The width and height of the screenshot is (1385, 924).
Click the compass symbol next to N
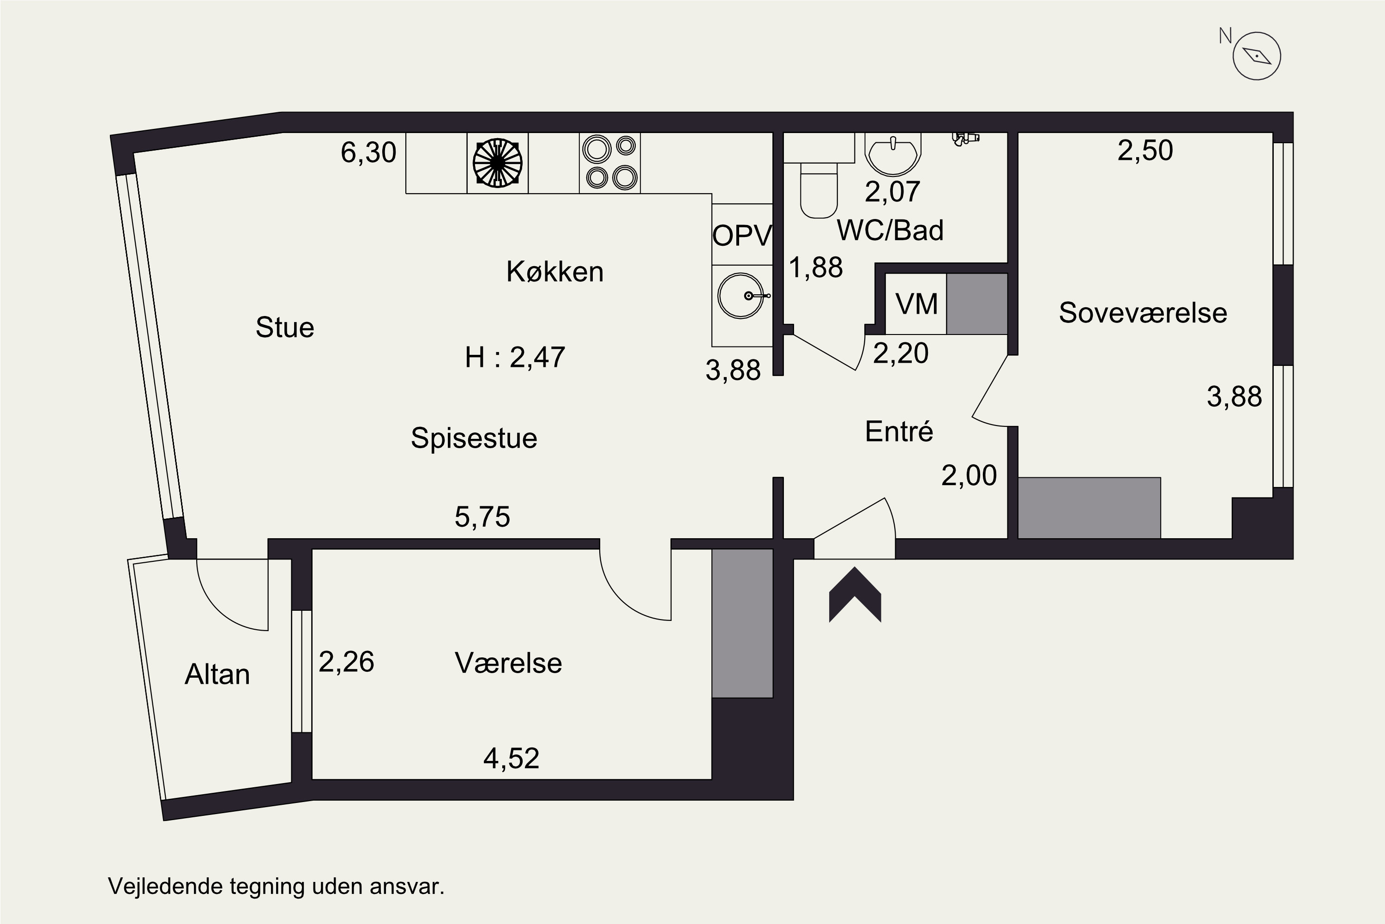click(1257, 56)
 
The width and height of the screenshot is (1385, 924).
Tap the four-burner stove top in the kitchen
click(609, 163)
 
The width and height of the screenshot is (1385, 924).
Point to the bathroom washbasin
click(893, 154)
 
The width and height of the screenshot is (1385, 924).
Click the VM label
click(916, 304)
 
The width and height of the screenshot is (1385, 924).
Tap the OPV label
click(742, 236)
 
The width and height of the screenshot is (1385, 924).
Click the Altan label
click(217, 674)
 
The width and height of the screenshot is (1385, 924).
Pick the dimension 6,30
click(368, 152)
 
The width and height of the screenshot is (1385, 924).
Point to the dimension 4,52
click(511, 759)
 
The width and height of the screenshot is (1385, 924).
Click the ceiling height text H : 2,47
click(515, 357)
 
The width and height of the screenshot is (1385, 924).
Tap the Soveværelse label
click(1143, 312)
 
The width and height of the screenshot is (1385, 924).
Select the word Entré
click(899, 432)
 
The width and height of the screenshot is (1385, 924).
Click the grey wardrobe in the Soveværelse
click(1090, 507)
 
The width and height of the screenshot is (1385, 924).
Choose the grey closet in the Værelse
click(742, 623)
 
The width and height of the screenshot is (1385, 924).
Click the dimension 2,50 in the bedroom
click(1145, 150)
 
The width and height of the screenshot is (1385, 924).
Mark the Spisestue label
click(474, 438)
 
